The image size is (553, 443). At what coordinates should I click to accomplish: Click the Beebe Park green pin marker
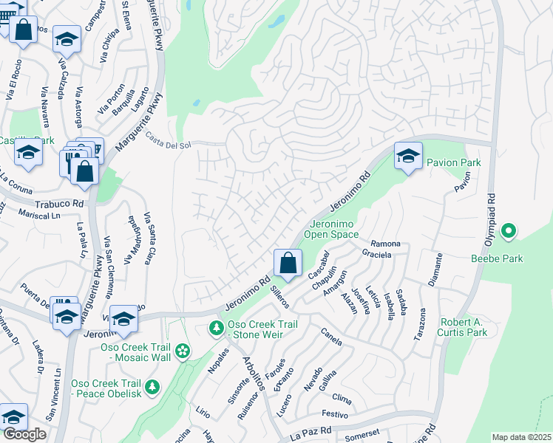508,232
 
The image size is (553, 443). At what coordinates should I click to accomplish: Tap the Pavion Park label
454,162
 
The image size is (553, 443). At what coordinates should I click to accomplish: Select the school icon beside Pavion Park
407,157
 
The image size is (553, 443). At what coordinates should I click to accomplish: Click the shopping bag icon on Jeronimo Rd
288,262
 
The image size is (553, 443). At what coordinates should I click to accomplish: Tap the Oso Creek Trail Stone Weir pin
216,327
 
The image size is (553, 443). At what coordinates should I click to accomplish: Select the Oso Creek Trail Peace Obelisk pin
152,386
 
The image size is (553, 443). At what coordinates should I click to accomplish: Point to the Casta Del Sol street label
168,140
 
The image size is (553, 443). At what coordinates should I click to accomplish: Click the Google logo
24,434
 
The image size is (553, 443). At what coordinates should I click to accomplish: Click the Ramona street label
385,244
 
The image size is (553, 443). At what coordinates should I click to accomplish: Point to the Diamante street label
435,269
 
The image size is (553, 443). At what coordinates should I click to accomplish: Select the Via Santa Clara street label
151,235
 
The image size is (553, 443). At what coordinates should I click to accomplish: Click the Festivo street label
334,415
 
